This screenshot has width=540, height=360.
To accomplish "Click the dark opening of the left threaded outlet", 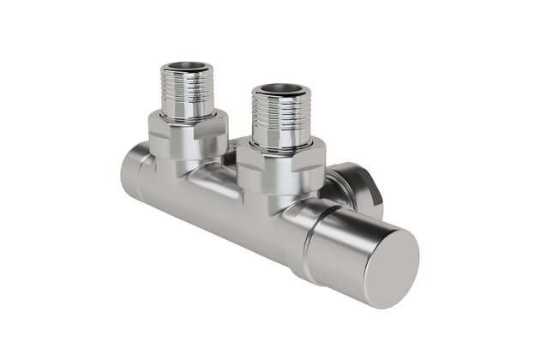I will click(189, 66).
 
